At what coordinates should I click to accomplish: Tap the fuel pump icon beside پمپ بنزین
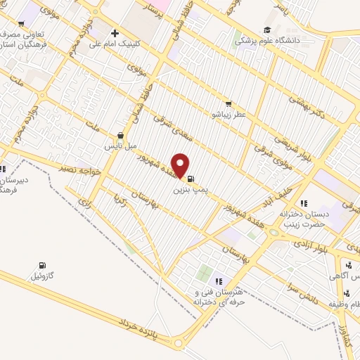click(191, 179)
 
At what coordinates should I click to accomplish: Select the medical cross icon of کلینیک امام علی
click(115, 33)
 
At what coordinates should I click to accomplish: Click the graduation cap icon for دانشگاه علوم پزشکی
click(267, 29)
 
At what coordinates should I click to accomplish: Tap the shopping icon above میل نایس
click(120, 136)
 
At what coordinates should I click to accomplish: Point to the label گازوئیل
click(44, 276)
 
